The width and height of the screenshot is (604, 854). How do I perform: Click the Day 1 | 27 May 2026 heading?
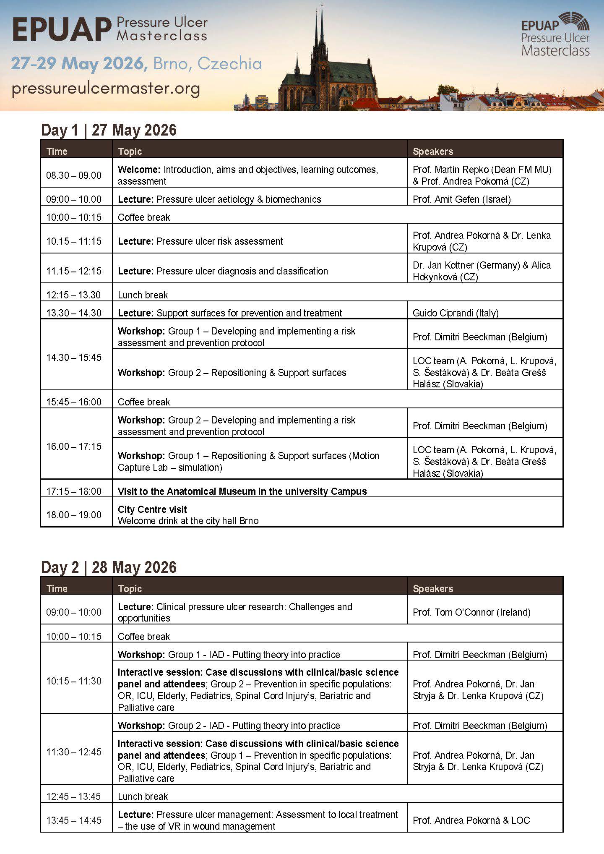coord(109,130)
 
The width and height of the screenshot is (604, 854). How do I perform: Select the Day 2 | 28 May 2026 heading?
coord(109,567)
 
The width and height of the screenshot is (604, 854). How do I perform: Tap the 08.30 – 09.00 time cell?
coord(74,175)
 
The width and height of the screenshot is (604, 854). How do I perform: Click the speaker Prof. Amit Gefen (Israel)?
coord(461,199)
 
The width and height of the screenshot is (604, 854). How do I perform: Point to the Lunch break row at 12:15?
coord(143,295)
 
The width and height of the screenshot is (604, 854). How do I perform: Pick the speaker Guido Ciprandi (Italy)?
coord(456,313)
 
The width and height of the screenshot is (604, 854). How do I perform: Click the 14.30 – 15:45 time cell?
coord(74,358)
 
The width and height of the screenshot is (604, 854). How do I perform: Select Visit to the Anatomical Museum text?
coord(242,491)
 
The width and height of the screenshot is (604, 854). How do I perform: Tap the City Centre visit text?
coord(152,509)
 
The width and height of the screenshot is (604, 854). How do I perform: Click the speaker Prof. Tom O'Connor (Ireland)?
coord(471,612)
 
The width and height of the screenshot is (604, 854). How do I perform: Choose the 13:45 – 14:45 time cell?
coord(74,820)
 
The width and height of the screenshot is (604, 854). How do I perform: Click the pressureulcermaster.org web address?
coord(106,89)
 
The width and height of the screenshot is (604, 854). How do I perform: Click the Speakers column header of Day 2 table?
coord(433,589)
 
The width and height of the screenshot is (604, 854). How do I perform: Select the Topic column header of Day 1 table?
coord(130,151)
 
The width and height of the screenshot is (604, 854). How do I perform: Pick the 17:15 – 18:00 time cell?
coord(74,491)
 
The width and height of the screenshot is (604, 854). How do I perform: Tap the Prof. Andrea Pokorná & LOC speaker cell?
coord(471,820)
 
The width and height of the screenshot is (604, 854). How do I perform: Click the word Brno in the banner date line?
coord(171,64)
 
